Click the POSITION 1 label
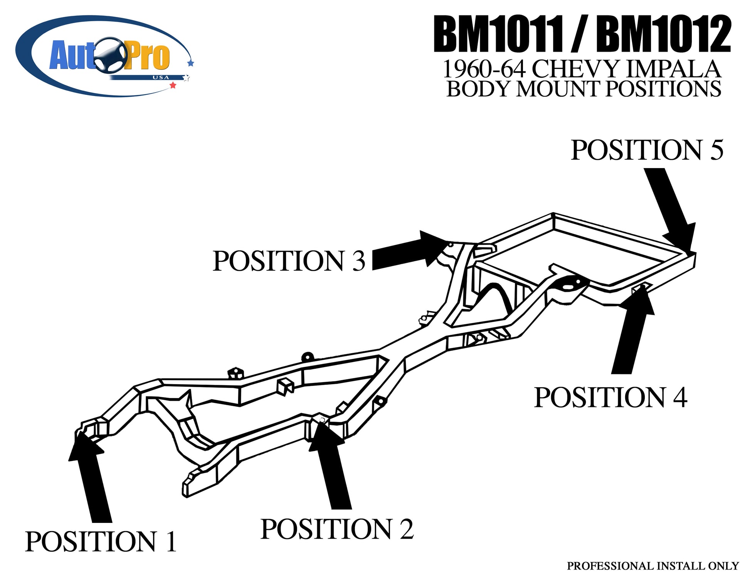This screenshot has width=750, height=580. pos(101,541)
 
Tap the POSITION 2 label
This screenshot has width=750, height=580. pos(337,529)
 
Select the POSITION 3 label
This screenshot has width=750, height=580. pos(289,261)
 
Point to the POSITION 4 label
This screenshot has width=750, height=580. pos(610,397)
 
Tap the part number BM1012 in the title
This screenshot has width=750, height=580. pos(663,35)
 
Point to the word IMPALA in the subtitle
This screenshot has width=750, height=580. pos(673,69)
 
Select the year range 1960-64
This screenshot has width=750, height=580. pos(484,69)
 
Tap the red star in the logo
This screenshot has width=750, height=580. pos(173,85)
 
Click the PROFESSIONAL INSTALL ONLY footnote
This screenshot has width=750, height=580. pos(652,566)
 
